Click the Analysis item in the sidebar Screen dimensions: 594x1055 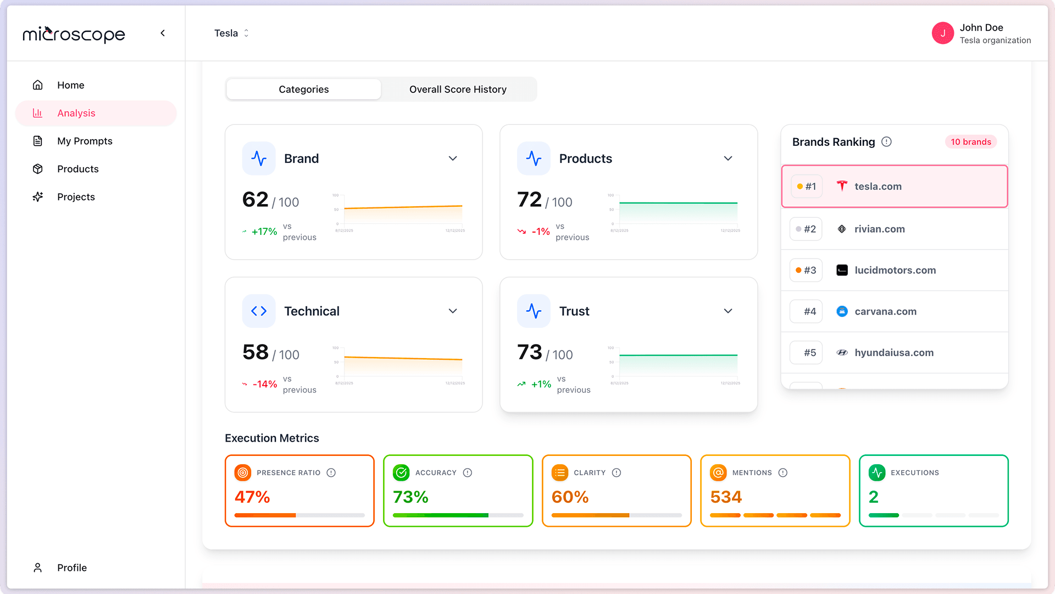[x=76, y=113]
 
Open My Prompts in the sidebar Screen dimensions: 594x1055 [x=85, y=141]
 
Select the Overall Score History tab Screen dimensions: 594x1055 [x=458, y=90]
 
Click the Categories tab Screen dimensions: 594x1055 [x=303, y=90]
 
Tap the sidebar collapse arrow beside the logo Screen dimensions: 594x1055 [x=163, y=34]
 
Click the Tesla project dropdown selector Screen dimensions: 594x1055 [x=231, y=34]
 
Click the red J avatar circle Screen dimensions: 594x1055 [x=942, y=34]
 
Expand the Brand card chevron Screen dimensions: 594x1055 [x=453, y=159]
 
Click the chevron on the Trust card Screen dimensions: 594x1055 [x=728, y=311]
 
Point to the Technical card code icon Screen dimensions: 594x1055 [x=259, y=311]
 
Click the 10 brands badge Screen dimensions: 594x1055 [x=970, y=142]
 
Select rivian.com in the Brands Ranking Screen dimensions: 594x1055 [x=879, y=229]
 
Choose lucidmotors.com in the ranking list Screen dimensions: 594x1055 [x=895, y=271]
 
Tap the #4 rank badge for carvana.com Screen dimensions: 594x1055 [x=806, y=312]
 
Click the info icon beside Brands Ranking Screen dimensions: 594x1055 [x=886, y=142]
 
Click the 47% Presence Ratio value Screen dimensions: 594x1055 [x=252, y=497]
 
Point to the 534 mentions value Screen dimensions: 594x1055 [x=726, y=497]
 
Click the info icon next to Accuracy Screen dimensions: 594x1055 [x=468, y=473]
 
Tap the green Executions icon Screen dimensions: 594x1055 [x=877, y=473]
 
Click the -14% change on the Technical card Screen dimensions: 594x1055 [x=264, y=384]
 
